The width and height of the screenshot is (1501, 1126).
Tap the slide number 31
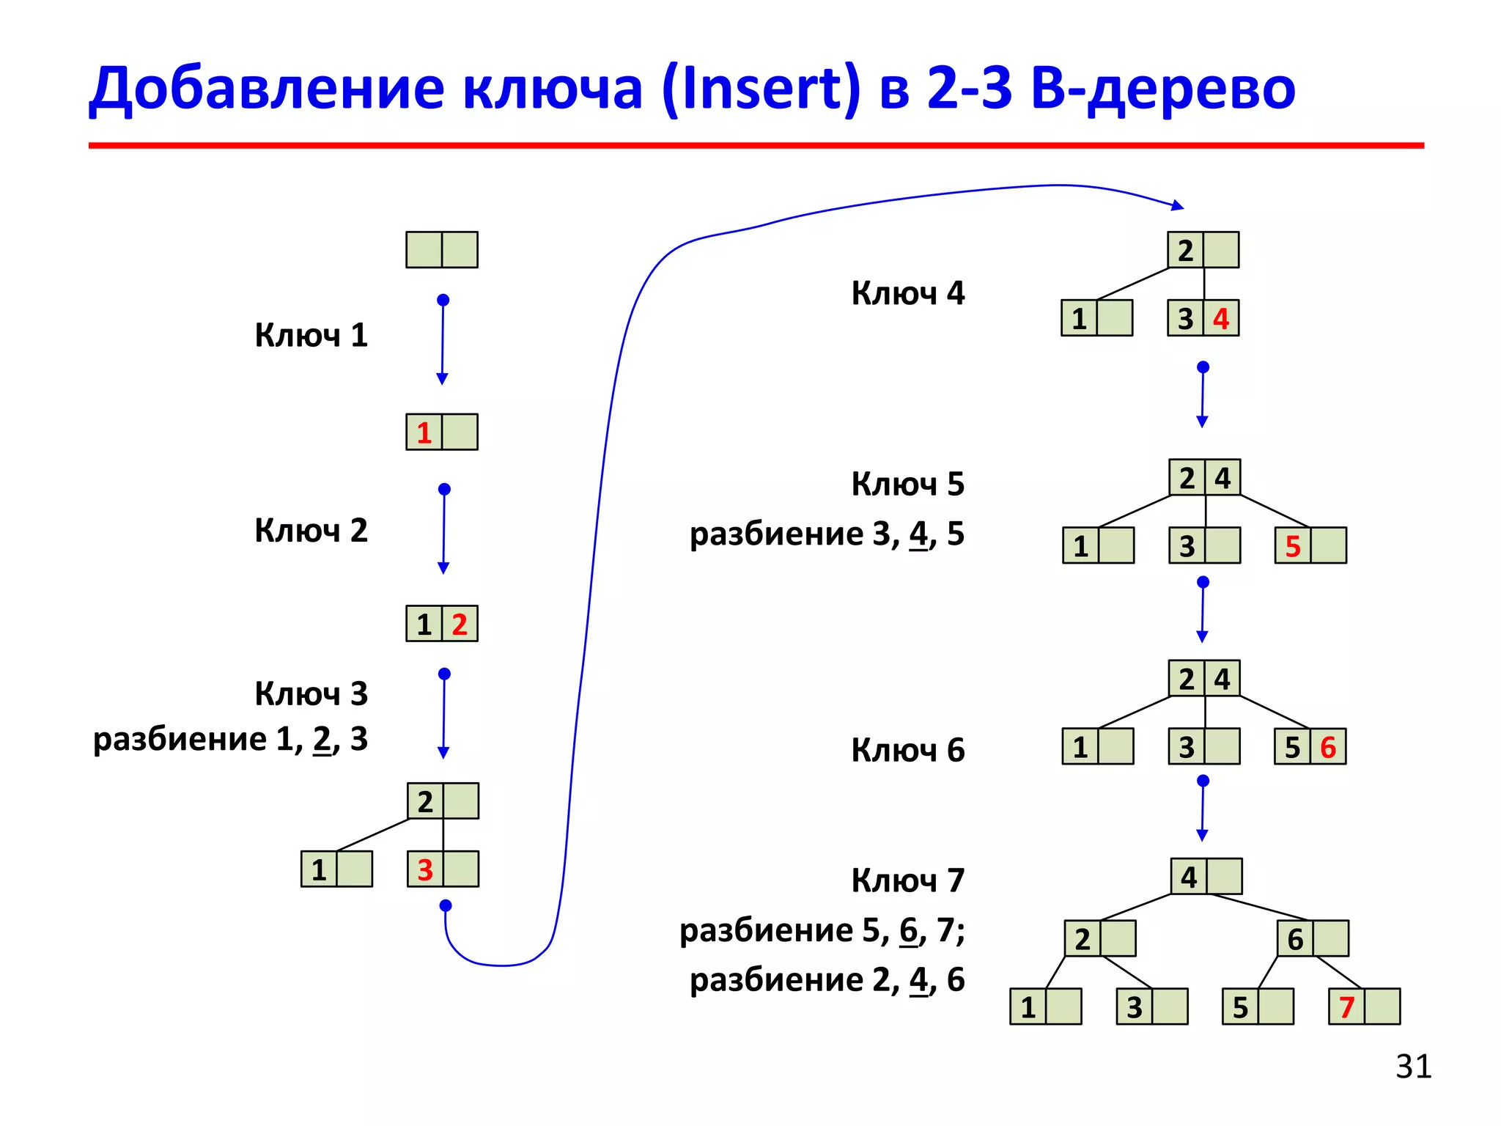(1413, 1067)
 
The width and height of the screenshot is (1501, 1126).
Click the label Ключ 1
(311, 336)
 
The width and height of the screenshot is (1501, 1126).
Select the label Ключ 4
(907, 293)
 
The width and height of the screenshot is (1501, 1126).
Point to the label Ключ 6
(907, 751)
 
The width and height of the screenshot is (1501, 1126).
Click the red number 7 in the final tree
(1346, 1007)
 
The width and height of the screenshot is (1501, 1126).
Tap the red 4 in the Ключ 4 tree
(1221, 319)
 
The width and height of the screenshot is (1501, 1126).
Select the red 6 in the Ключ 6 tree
(1328, 748)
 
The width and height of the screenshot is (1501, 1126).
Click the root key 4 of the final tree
(1189, 877)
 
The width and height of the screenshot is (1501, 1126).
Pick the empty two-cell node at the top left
(442, 250)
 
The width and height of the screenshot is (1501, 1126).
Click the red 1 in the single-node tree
(424, 433)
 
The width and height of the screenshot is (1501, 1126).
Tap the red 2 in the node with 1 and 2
(460, 625)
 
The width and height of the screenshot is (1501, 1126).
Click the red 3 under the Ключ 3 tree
(425, 870)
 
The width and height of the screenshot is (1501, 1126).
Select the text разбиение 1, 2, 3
(230, 740)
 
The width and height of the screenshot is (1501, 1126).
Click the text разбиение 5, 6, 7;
(822, 931)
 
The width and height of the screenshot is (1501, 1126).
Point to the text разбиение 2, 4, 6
(827, 980)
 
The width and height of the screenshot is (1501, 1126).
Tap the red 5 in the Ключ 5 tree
(1293, 547)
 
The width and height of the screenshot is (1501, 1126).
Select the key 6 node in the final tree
(1313, 939)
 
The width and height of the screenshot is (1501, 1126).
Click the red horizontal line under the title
(755, 146)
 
